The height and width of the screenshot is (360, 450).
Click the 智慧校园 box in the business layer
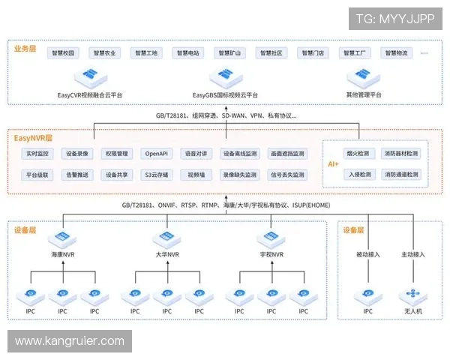64,53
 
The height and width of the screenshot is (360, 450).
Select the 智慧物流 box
397,53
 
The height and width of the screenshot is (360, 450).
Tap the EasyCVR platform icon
89,77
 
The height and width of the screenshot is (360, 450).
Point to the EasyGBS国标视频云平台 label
225,95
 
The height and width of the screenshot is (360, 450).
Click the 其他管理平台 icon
364,77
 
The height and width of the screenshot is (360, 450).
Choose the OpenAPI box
157,154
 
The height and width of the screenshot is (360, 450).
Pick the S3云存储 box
157,175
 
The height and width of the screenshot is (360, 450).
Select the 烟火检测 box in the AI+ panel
357,154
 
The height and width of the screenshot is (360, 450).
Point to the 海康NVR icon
62,240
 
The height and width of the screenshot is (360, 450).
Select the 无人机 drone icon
413,295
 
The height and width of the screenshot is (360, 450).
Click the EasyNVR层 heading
32,138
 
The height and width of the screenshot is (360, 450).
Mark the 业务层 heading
25,48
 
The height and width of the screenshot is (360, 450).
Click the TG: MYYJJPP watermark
394,18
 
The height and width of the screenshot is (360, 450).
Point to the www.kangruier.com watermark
70,342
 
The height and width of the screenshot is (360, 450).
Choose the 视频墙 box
196,175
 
